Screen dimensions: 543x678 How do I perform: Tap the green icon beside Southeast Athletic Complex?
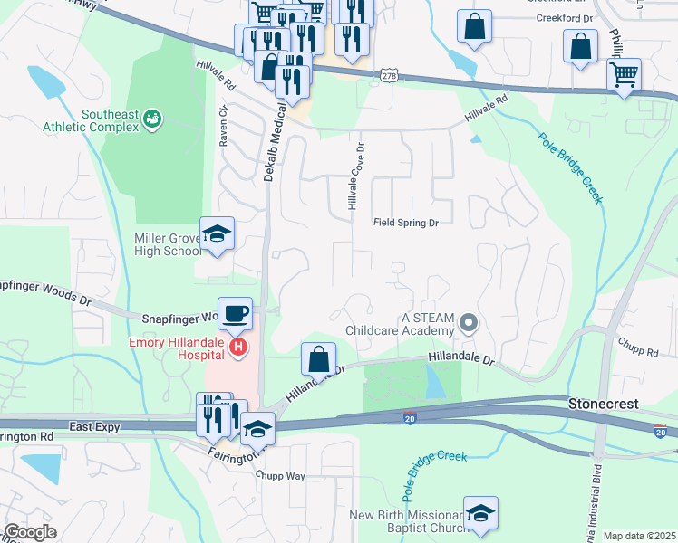pos(153,118)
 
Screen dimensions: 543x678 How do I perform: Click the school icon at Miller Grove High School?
pos(217,235)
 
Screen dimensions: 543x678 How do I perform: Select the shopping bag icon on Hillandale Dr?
pos(318,358)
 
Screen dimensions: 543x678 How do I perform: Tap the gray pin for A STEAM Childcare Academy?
pos(468,322)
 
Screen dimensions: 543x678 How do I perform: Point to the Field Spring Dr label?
pos(405,223)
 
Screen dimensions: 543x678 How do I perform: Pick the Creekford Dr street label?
pos(563,17)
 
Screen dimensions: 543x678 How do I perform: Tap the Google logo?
pos(30,532)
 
